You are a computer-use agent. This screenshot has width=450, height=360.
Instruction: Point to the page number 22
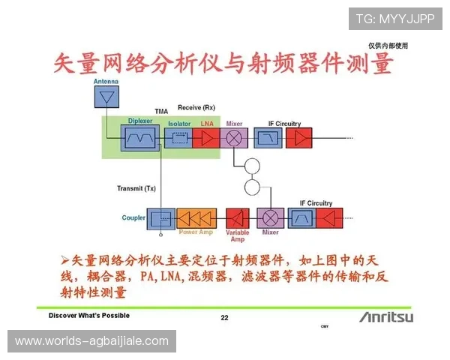[224, 317]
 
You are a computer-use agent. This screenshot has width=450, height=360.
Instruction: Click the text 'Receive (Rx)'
[197, 108]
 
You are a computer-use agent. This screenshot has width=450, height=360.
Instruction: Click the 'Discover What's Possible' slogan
[89, 316]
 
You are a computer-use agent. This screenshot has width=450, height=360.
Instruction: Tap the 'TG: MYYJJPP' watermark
[394, 18]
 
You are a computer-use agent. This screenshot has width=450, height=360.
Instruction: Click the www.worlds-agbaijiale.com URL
[92, 341]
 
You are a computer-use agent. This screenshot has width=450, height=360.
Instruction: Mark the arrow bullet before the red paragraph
[64, 259]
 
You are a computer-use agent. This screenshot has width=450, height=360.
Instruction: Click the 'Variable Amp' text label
[238, 236]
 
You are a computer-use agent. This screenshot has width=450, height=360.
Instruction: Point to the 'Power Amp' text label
[196, 232]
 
